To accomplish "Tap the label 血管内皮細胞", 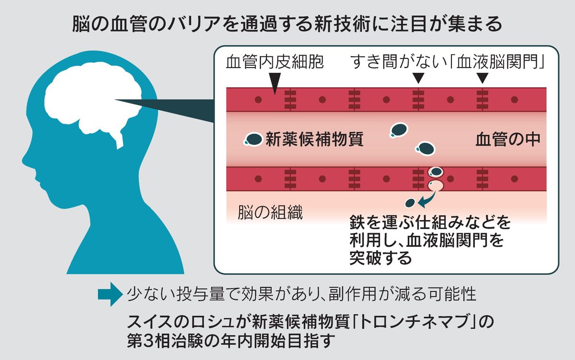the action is pos(276,63).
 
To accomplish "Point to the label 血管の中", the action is pos(508,139).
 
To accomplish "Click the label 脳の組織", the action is pos(270,213).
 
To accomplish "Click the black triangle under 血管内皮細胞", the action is pos(275,85).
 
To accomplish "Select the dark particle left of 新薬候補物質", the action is pos(253,139).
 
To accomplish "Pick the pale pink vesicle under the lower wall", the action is pos(435,185).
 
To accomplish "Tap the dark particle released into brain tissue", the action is pos(410,202).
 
